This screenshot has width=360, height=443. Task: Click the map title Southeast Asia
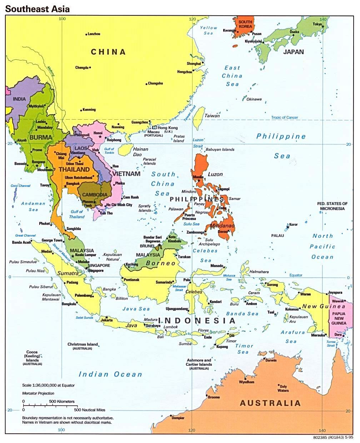(37, 8)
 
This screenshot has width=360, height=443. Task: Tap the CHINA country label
(108, 52)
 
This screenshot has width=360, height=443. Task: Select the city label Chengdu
(82, 68)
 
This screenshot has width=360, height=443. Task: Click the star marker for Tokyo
(323, 26)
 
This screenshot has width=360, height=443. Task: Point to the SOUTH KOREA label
(245, 24)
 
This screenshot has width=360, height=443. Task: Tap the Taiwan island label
(212, 116)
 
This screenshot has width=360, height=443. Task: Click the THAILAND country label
(74, 169)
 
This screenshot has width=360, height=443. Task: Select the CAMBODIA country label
(95, 195)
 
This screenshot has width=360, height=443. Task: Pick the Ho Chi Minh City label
(119, 205)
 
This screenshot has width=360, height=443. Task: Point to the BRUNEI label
(147, 246)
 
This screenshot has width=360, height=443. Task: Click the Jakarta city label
(107, 320)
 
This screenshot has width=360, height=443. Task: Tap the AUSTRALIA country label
(270, 403)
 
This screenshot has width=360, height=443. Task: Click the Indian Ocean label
(110, 374)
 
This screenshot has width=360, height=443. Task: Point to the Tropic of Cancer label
(284, 118)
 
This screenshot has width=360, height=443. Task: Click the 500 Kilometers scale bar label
(61, 402)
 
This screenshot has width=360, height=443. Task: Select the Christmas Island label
(82, 344)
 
